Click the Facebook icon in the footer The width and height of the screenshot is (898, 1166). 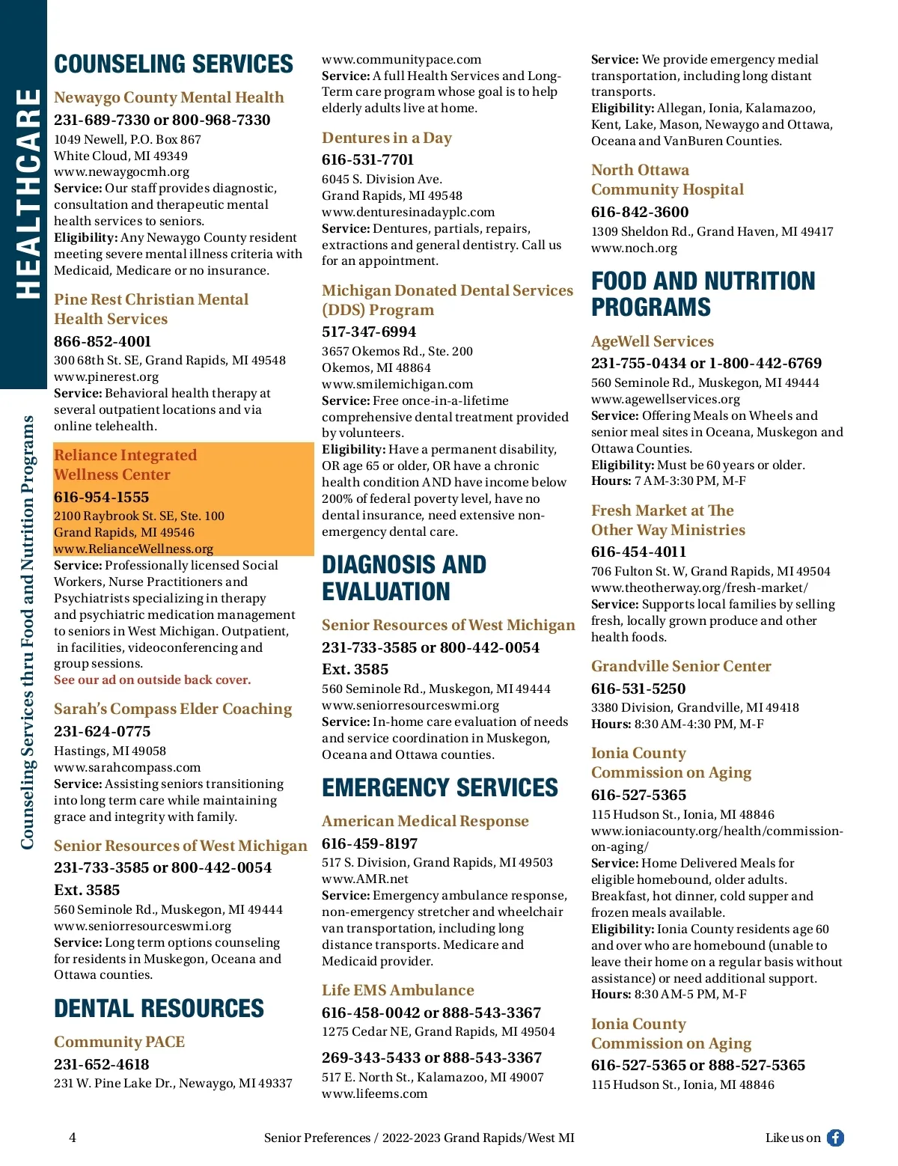coord(835,1138)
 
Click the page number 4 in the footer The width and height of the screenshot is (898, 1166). coord(73,1138)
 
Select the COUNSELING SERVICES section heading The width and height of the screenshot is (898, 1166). coord(174,64)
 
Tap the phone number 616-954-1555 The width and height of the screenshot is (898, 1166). coord(101,497)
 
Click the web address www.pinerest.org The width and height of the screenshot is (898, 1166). coord(106,376)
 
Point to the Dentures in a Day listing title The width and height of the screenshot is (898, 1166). coord(387,138)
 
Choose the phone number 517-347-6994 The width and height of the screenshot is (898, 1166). coord(369,332)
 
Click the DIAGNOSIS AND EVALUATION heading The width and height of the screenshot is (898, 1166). coord(404,578)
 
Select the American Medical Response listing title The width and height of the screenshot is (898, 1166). coord(425,821)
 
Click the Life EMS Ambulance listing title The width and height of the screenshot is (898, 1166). coord(398,990)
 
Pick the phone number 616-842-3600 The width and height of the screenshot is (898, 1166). coord(640,212)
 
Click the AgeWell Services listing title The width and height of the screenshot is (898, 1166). coord(653,341)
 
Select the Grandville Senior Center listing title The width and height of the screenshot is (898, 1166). coord(681,666)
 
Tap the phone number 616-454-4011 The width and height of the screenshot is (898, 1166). coord(638,552)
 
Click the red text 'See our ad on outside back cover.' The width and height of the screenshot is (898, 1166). coord(152,680)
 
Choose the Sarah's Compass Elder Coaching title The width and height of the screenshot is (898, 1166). coord(173,709)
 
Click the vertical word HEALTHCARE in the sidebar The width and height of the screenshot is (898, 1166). coord(28,193)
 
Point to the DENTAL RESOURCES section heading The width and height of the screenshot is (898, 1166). coord(159,1009)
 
